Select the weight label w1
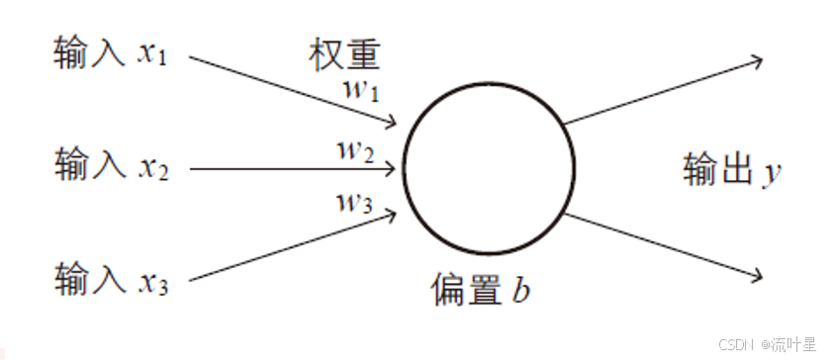(360, 92)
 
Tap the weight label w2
(355, 152)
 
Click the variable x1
(152, 55)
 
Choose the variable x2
(153, 168)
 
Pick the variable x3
(153, 283)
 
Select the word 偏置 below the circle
(463, 289)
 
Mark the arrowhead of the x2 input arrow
(398, 168)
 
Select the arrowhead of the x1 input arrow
(393, 123)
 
